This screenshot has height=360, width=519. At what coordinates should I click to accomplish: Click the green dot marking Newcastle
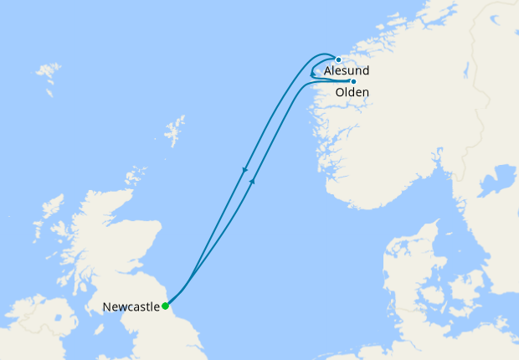166,306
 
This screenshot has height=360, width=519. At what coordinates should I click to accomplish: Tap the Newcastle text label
131,307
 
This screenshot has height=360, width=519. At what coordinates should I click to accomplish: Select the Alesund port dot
338,59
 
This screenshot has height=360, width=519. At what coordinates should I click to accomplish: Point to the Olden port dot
353,81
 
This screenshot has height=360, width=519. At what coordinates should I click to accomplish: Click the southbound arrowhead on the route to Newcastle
245,172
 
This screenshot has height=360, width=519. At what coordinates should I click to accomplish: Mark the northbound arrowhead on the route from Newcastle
253,179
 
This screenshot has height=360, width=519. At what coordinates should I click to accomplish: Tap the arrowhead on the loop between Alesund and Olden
311,75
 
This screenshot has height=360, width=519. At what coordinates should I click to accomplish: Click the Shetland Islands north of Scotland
175,131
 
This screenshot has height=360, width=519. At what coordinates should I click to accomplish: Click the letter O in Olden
340,93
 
